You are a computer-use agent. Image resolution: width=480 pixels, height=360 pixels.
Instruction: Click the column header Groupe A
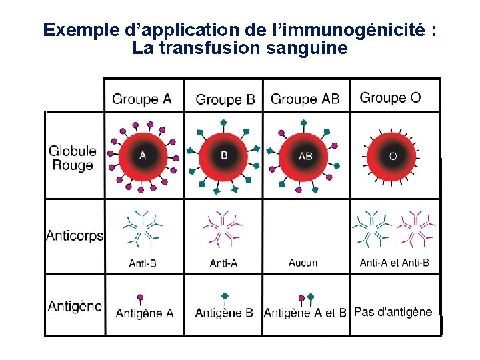coord(142,99)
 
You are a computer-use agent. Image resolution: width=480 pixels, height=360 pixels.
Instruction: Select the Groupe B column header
coord(225,100)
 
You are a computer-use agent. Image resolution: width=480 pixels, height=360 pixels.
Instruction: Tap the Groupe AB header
coord(305,99)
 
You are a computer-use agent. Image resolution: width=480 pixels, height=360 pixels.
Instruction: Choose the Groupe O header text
coord(390,98)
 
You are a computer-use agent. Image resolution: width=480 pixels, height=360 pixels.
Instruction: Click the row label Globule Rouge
coord(72,158)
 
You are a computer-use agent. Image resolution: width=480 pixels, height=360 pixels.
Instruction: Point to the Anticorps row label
coord(74,235)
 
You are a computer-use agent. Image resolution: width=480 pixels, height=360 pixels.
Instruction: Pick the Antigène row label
coord(75,306)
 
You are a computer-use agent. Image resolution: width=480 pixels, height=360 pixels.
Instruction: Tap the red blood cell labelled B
coord(224,156)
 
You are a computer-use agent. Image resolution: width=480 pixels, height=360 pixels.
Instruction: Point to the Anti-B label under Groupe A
coord(143,263)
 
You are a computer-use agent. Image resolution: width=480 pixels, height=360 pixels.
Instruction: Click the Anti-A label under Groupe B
coord(224,263)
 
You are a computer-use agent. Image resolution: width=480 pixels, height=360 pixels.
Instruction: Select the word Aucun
coord(303,263)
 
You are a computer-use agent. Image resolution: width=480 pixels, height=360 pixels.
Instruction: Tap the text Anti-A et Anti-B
coord(395,263)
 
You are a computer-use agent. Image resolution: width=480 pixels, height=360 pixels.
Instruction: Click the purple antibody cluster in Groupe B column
coord(222,228)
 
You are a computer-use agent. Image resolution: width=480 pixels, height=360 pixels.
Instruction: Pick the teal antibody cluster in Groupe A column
coord(142,229)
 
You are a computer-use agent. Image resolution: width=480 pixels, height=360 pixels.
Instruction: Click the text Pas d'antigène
coord(393,312)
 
